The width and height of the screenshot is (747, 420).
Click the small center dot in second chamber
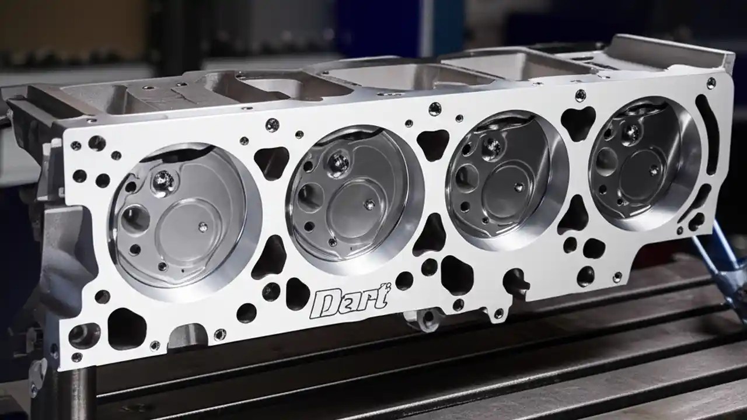pyautogui.click(x=369, y=205)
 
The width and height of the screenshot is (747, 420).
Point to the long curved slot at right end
pyautogui.click(x=707, y=134)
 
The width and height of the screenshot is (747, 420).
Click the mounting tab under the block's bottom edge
pyautogui.click(x=421, y=319)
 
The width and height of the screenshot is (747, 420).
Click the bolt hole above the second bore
pyautogui.click(x=272, y=124)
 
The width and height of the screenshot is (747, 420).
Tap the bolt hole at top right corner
pyautogui.click(x=710, y=83)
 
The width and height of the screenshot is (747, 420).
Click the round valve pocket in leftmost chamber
pyautogui.click(x=135, y=219)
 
